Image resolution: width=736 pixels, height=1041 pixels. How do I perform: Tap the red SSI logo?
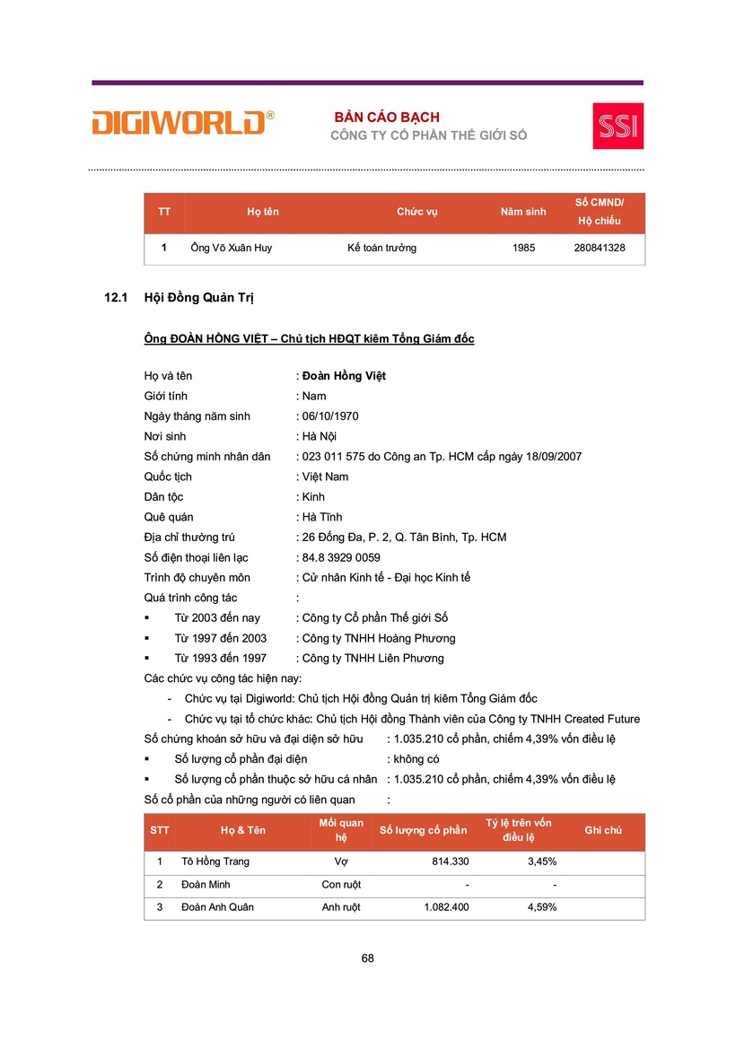click(x=618, y=126)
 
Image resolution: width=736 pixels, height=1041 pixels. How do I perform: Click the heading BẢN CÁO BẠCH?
click(x=387, y=118)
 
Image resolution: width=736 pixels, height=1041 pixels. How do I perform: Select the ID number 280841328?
click(x=599, y=248)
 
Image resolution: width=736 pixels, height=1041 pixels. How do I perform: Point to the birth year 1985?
click(x=523, y=248)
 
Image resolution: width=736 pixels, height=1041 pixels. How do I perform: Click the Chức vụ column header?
click(x=416, y=212)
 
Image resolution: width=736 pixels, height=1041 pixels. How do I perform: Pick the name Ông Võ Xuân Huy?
click(x=232, y=248)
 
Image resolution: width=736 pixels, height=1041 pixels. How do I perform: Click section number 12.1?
click(x=118, y=297)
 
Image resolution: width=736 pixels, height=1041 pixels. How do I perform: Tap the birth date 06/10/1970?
click(x=330, y=416)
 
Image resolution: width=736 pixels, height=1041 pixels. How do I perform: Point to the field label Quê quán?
click(x=169, y=517)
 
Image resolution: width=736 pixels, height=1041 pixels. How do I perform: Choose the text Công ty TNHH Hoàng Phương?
click(x=379, y=638)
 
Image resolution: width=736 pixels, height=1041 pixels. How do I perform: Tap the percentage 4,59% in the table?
click(x=541, y=907)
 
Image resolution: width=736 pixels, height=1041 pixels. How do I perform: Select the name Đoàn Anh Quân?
click(x=217, y=907)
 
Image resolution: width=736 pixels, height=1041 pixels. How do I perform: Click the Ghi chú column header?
click(x=602, y=831)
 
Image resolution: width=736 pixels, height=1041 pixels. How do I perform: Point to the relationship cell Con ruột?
click(x=341, y=885)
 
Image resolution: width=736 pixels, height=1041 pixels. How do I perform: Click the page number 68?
click(x=367, y=958)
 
